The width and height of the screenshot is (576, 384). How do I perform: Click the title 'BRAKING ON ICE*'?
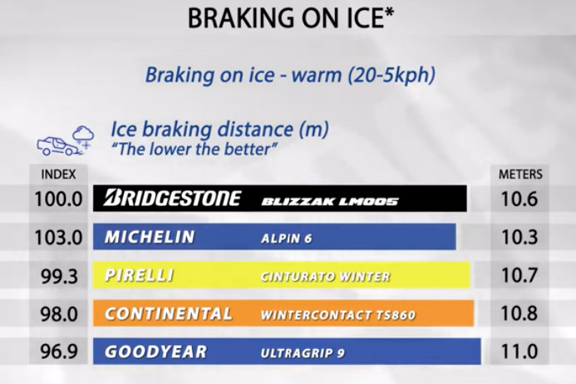tap(291, 17)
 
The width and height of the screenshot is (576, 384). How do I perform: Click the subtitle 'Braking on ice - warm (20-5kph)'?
tap(290, 75)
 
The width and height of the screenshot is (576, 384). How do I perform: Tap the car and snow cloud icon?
tap(66, 141)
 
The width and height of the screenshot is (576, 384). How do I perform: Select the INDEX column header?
tap(58, 175)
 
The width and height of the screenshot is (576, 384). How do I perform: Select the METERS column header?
tap(520, 175)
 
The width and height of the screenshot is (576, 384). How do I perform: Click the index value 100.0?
tap(58, 199)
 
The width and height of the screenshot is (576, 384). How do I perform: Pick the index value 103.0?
tap(58, 238)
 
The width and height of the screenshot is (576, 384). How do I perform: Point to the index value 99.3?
tap(59, 276)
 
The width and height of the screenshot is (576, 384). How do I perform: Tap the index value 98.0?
tap(59, 314)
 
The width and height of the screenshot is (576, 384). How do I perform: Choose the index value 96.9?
tap(59, 352)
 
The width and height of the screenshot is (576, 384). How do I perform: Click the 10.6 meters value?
tap(519, 199)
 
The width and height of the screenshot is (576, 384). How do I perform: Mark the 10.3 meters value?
tap(519, 237)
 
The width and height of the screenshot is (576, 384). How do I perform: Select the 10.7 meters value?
tap(519, 275)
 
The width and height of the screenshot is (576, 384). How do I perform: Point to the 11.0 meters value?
tap(519, 352)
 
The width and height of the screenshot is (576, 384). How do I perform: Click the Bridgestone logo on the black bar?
tap(172, 198)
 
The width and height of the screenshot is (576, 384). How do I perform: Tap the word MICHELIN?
tap(150, 237)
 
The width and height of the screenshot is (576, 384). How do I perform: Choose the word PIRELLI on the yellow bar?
tap(140, 275)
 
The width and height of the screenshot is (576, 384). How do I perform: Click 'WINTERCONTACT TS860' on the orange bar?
tap(338, 315)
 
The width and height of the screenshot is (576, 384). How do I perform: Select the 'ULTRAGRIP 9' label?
tap(303, 353)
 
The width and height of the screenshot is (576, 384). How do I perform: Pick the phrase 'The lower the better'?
tap(194, 149)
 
